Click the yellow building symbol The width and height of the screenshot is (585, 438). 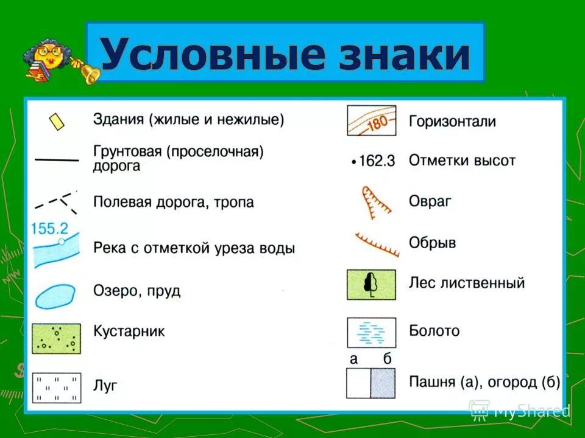coord(57,121)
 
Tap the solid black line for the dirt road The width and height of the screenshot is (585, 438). coord(57,159)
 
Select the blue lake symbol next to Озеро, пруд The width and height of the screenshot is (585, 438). coord(55,296)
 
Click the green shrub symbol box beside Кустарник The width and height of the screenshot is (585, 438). coord(56,338)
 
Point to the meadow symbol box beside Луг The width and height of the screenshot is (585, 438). coord(56,388)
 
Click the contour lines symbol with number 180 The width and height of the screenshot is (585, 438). coord(371,120)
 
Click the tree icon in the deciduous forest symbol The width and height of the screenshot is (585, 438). coord(370,283)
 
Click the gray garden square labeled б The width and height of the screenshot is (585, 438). coord(383,383)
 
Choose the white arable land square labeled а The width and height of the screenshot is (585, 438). coord(358,383)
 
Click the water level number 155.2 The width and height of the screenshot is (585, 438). coord(49,229)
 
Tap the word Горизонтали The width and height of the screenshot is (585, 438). coord(452,121)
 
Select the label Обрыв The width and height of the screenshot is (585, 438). coord(432,243)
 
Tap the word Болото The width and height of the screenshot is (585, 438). coord(434,331)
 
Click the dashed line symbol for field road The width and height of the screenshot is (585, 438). coord(56,201)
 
